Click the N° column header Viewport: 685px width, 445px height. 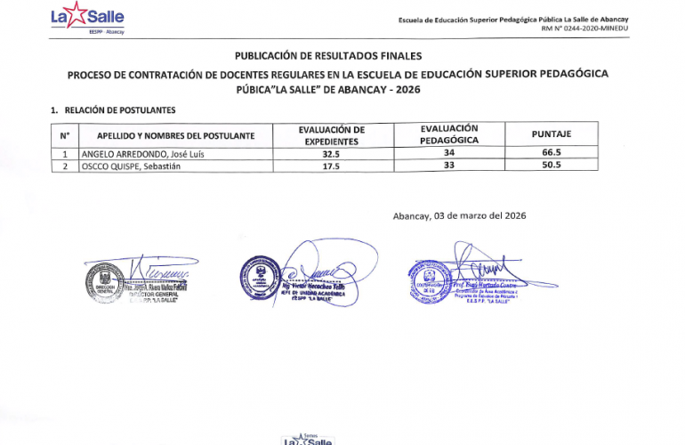[x=65, y=135]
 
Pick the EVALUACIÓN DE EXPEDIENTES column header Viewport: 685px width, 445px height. [x=331, y=135]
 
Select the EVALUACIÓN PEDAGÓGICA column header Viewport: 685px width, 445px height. [x=448, y=134]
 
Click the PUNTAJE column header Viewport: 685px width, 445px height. [x=551, y=134]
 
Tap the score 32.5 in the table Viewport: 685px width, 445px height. [x=331, y=153]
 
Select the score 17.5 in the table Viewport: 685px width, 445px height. [x=331, y=166]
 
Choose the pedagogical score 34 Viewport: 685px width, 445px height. [x=448, y=153]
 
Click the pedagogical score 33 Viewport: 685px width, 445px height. [x=448, y=166]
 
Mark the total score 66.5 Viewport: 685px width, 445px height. [x=551, y=153]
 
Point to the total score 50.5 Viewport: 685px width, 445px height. [x=551, y=166]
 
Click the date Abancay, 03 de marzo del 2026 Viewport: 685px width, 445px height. [x=459, y=216]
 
